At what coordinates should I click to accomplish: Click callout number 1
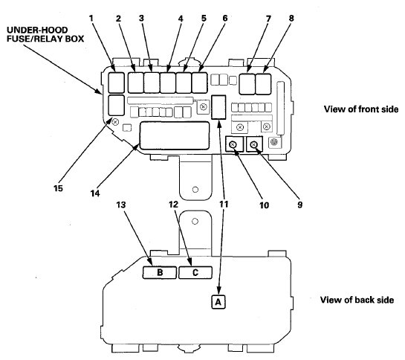point(91,19)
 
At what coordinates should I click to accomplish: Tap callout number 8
point(291,19)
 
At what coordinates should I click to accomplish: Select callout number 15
point(59,188)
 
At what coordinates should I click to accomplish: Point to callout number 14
point(95,193)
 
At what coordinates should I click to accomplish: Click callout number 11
point(224,204)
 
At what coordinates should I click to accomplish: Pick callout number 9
point(299,205)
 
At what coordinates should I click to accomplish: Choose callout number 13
point(121,205)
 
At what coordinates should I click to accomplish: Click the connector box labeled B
point(160,272)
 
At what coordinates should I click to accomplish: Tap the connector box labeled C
point(195,272)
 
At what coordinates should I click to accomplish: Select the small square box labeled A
point(218,301)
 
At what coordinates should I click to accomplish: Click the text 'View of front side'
point(361,109)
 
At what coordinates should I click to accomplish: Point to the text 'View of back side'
point(357,300)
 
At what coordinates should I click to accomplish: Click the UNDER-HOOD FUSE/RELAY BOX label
point(45,34)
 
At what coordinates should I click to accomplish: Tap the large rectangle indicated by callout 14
point(175,135)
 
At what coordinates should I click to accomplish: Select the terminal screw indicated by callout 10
point(233,144)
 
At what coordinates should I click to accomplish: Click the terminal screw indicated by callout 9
point(253,144)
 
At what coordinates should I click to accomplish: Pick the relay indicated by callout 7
point(247,84)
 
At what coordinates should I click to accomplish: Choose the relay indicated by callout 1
point(116,83)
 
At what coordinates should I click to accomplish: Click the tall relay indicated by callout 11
point(218,107)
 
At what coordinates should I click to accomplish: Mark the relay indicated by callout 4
point(168,83)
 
